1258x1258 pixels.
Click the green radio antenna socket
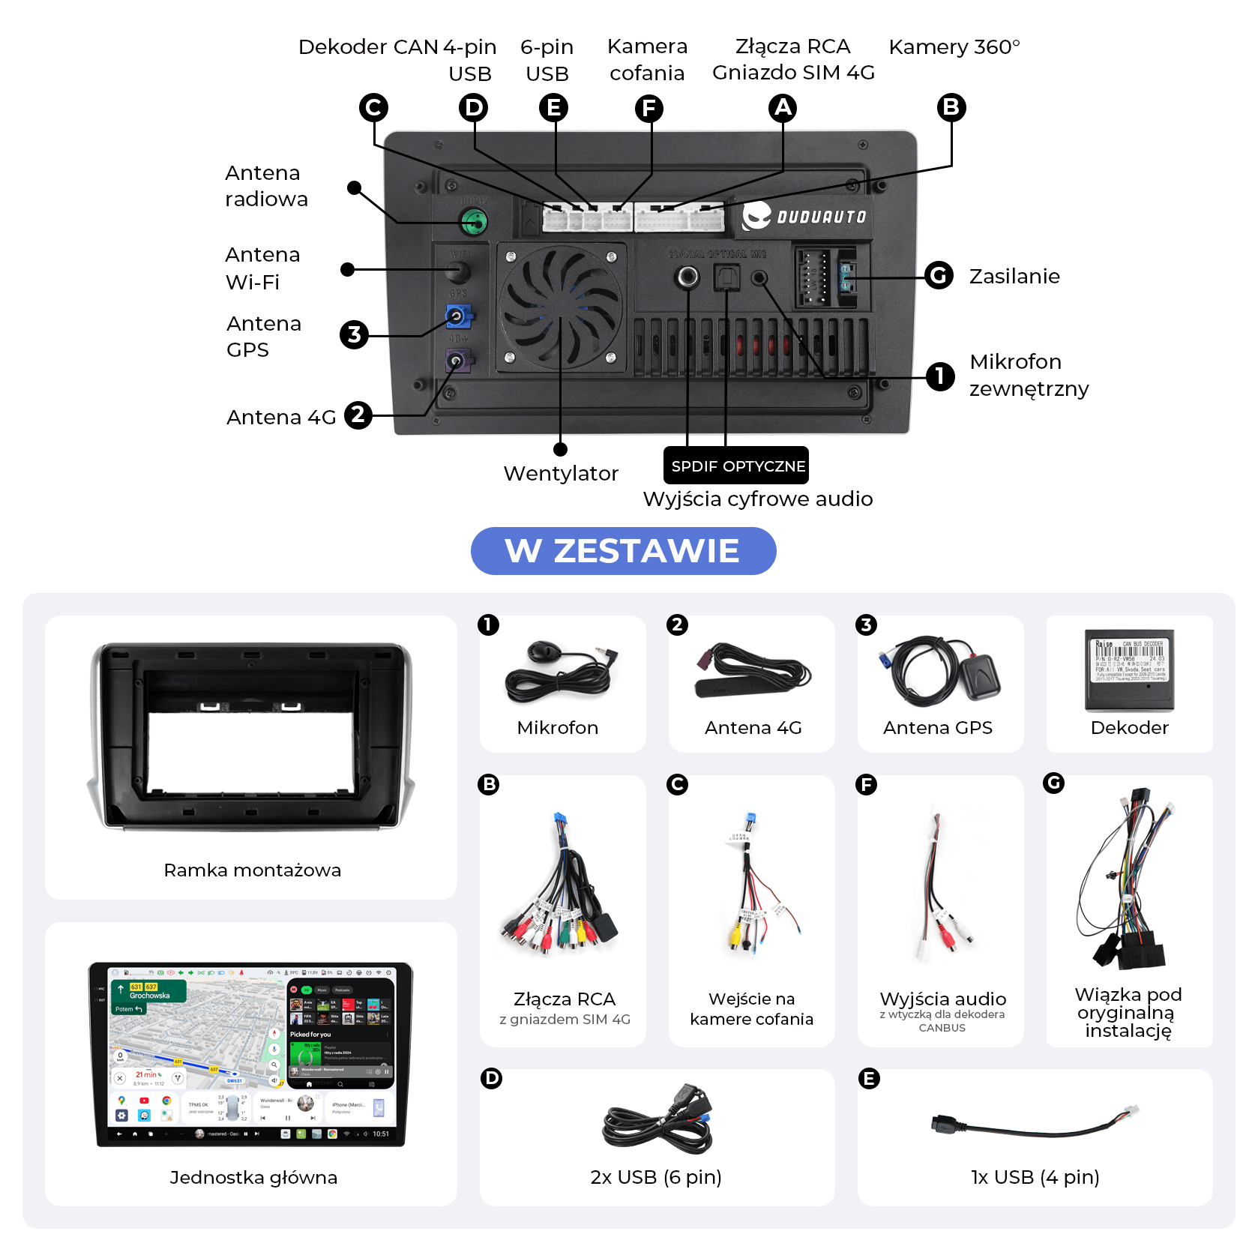(474, 221)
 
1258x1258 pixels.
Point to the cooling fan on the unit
(560, 307)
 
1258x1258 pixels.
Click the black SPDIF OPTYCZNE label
(736, 466)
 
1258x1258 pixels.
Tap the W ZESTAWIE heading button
(623, 551)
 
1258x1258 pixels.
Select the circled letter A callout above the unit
(783, 108)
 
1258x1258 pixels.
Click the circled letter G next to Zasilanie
(939, 275)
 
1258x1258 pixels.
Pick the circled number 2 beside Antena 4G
(358, 415)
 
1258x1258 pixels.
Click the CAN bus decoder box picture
(1129, 669)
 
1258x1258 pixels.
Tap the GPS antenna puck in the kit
(979, 676)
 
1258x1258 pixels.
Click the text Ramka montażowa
(252, 870)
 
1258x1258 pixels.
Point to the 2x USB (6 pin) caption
(656, 1177)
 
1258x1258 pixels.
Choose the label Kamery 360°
(954, 47)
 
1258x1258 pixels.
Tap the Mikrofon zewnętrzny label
(1028, 375)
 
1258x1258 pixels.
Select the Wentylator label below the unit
(561, 473)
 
